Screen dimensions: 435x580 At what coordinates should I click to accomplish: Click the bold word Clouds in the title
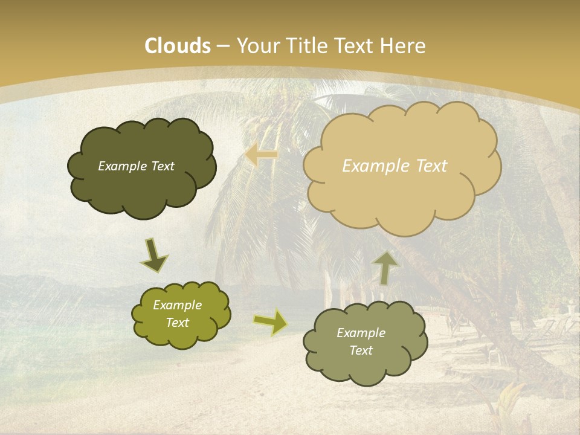(178, 46)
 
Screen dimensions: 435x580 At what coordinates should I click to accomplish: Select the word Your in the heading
(256, 46)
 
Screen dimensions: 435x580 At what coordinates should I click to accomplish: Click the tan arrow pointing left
(262, 155)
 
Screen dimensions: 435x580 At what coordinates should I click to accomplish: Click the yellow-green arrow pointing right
(271, 322)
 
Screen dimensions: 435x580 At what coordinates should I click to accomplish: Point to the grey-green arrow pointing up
(385, 267)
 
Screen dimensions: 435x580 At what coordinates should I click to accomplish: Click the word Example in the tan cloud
(372, 166)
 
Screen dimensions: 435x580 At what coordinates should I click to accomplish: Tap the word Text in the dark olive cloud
(162, 166)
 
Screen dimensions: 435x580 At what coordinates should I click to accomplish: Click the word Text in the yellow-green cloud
(178, 323)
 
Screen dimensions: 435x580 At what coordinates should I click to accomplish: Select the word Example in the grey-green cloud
(361, 333)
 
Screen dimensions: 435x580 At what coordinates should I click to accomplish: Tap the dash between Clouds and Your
(223, 47)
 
